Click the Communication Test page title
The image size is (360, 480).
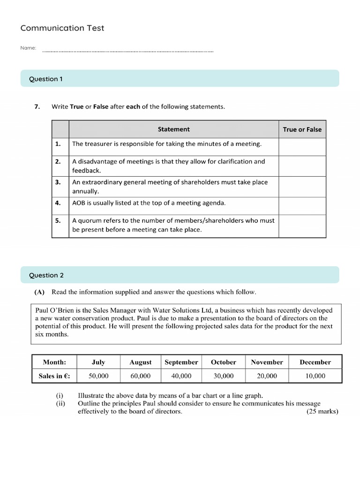62,28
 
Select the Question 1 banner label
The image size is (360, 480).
46,79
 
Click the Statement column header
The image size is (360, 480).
173,129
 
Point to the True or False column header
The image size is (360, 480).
302,129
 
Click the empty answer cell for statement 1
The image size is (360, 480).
302,147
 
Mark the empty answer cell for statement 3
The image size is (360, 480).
302,187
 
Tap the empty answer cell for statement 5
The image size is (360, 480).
302,225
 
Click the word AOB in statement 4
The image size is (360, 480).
79,203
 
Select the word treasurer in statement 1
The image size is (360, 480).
99,144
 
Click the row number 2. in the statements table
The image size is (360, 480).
58,161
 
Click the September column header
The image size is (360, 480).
181,362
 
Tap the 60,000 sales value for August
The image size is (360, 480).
141,375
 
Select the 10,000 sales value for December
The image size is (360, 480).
315,375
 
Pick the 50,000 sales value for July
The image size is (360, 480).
98,375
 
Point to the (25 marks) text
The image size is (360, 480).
322,412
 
